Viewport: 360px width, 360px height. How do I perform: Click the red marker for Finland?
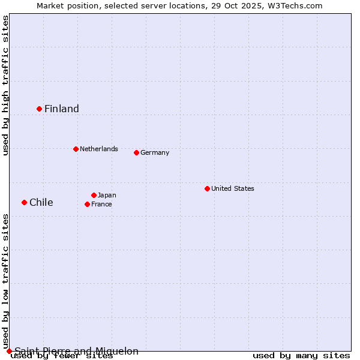[x=39, y=109]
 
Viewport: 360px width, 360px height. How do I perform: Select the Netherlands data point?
[x=76, y=149]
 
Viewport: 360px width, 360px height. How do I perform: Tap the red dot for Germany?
[x=136, y=152]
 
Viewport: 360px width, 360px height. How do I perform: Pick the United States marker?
[x=207, y=188]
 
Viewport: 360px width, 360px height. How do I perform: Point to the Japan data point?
[x=94, y=195]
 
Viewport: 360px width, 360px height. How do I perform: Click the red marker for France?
[x=87, y=204]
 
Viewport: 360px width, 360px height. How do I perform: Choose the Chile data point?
[x=24, y=202]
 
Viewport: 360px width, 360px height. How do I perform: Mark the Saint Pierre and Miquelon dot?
[x=9, y=351]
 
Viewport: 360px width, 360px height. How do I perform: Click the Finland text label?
[x=62, y=109]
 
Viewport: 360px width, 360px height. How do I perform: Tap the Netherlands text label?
[x=99, y=149]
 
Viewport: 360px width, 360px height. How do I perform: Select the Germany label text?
[x=155, y=152]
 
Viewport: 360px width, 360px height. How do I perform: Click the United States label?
[x=233, y=188]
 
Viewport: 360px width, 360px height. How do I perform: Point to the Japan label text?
[x=107, y=195]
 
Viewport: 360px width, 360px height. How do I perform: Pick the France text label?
[x=101, y=204]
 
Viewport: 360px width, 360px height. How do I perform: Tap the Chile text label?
[x=41, y=202]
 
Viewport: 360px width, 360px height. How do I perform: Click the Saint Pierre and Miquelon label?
[x=76, y=351]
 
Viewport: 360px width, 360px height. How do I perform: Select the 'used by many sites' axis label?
[x=301, y=356]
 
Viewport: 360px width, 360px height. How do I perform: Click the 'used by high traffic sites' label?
[x=5, y=85]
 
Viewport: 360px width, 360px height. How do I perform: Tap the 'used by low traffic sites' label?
[x=5, y=281]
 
